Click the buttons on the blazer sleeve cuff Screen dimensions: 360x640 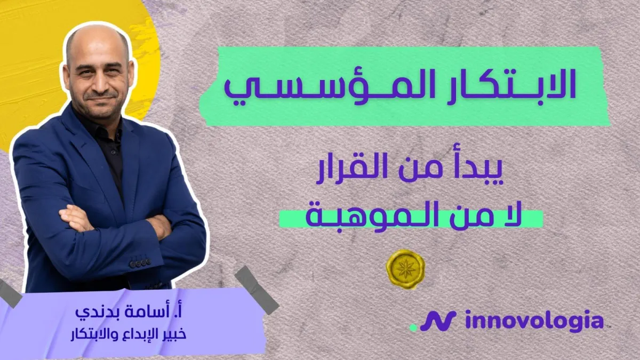(139, 263)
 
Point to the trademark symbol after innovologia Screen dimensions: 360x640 (609, 326)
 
